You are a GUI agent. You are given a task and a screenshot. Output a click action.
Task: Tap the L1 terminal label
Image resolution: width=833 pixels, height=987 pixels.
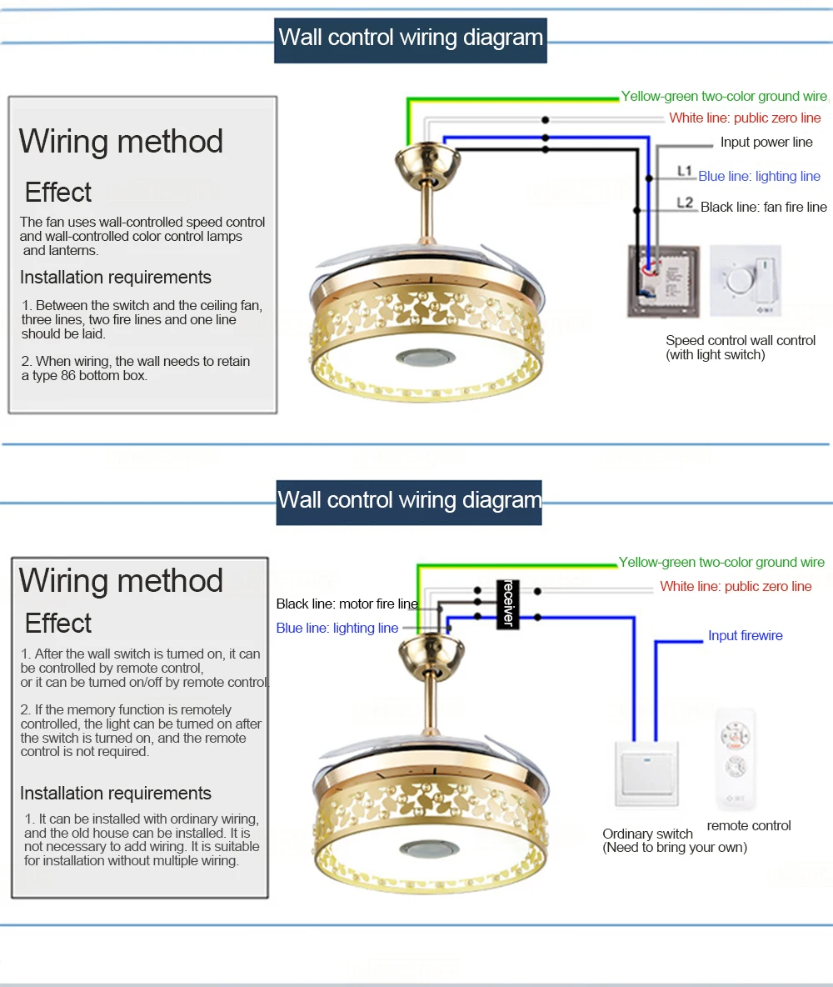(685, 172)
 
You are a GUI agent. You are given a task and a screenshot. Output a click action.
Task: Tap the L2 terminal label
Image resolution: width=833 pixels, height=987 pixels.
(685, 203)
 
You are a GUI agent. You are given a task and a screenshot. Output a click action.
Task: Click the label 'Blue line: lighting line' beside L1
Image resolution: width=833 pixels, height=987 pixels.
(759, 176)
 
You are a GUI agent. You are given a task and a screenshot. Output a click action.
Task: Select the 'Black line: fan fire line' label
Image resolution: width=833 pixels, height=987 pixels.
(763, 207)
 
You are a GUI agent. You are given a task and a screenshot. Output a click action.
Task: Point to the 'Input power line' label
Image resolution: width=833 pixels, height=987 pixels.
(766, 143)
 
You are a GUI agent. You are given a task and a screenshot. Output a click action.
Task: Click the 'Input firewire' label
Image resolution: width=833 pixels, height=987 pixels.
(745, 635)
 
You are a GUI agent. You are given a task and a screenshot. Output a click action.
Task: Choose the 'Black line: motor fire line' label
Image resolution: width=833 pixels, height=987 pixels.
(347, 604)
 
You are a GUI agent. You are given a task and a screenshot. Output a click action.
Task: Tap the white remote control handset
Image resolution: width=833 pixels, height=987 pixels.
(736, 759)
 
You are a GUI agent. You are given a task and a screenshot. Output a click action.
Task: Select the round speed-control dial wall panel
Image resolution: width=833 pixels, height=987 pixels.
(746, 281)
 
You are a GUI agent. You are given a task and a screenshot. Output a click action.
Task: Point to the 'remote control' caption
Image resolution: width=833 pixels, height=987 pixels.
(749, 825)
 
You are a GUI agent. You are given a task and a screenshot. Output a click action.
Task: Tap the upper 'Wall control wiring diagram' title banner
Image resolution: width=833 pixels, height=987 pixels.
(411, 38)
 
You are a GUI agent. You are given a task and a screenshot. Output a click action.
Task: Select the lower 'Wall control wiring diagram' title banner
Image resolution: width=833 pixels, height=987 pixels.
(409, 501)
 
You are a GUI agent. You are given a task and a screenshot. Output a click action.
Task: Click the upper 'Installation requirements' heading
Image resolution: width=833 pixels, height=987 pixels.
(116, 278)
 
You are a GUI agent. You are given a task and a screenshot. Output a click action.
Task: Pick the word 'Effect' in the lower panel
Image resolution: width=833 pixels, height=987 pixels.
(58, 623)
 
